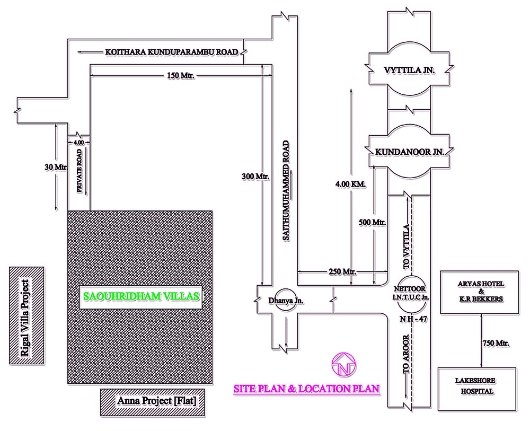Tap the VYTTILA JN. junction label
pyautogui.click(x=409, y=70)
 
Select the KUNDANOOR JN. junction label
pyautogui.click(x=409, y=152)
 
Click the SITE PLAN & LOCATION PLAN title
pyautogui.click(x=307, y=389)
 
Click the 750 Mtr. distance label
pyautogui.click(x=496, y=344)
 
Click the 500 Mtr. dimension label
pyautogui.click(x=372, y=222)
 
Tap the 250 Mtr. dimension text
pyautogui.click(x=342, y=271)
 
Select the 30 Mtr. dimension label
pyautogui.click(x=55, y=168)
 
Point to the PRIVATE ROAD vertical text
pyautogui.click(x=79, y=171)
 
